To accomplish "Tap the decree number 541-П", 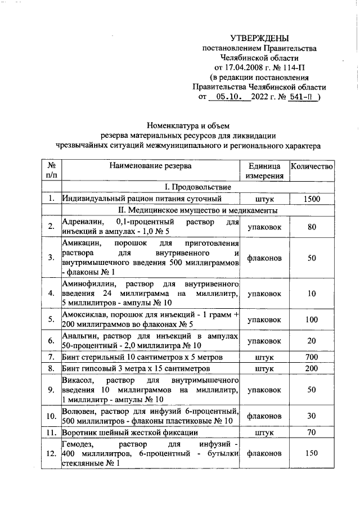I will click(x=302, y=97).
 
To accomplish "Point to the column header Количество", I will click(x=312, y=166).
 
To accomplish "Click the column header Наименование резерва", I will click(x=150, y=166).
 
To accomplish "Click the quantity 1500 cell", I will click(x=312, y=199).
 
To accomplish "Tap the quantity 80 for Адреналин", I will click(x=312, y=227).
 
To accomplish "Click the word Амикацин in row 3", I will click(x=81, y=245).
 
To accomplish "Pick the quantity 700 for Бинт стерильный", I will click(x=312, y=357).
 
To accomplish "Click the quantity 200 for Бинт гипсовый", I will click(x=312, y=369).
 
